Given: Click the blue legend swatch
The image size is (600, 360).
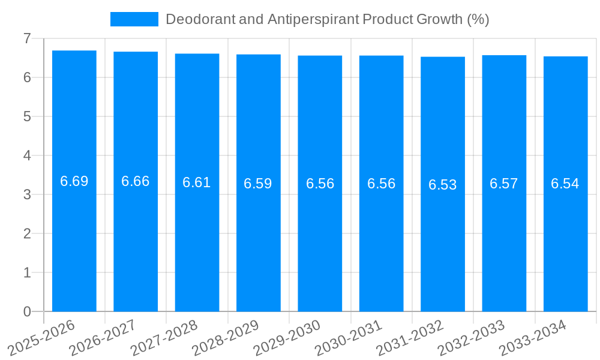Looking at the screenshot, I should [x=134, y=19].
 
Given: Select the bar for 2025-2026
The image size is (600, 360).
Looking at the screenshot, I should [x=74, y=240].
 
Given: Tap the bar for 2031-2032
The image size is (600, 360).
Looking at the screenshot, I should [x=443, y=240].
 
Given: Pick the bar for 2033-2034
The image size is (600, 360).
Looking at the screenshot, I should [x=565, y=240].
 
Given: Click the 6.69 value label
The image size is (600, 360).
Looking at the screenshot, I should [x=74, y=181].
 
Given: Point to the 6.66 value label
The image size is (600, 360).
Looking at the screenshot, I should [x=136, y=181].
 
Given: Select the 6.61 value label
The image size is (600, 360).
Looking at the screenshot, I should [x=197, y=182].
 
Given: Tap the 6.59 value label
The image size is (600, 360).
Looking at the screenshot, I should [x=258, y=184].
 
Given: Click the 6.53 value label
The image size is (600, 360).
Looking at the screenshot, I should [x=443, y=185].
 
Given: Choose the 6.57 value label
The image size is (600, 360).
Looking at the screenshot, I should [x=504, y=184].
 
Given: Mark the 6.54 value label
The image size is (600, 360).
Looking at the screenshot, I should [x=565, y=184].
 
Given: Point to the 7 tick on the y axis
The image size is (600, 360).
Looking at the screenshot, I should [x=27, y=38].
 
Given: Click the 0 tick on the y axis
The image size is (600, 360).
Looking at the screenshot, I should [x=27, y=311].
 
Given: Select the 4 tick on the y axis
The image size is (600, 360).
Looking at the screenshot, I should [x=27, y=155].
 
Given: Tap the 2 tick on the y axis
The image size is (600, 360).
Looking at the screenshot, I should [x=27, y=233].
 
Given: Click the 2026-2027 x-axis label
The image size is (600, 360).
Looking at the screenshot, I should [x=103, y=338].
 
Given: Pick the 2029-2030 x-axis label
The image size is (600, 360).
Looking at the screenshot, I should [x=287, y=338].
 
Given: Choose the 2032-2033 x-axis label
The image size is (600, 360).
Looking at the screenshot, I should [x=471, y=338].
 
